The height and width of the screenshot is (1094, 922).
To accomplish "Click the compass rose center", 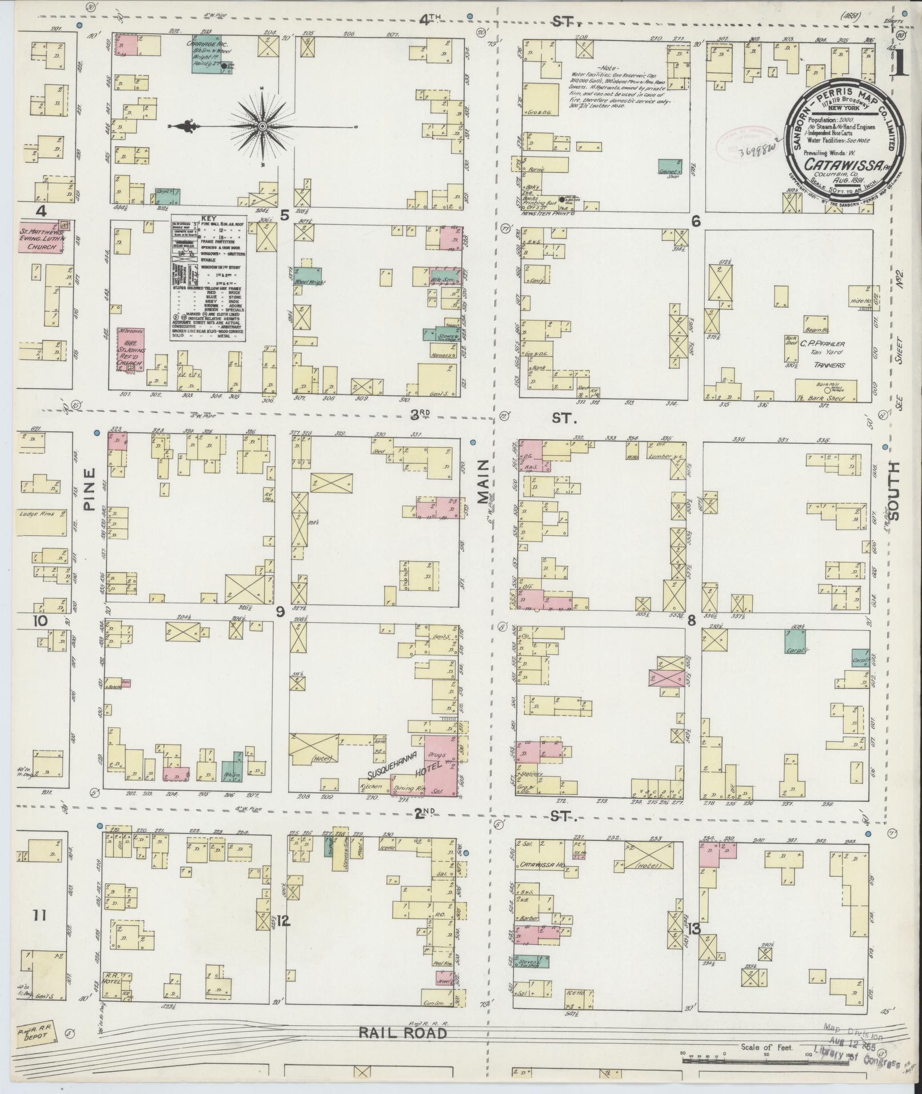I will coord(262,126).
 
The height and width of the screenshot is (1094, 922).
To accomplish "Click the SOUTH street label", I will coord(893,490).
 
